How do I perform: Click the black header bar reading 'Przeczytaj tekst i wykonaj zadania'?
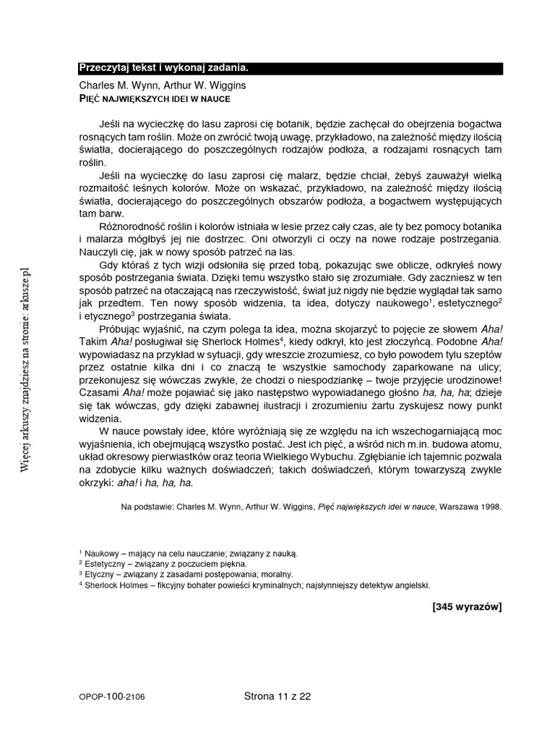click(x=290, y=68)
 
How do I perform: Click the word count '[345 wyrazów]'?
click(x=466, y=607)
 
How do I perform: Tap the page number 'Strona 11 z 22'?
click(x=277, y=697)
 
